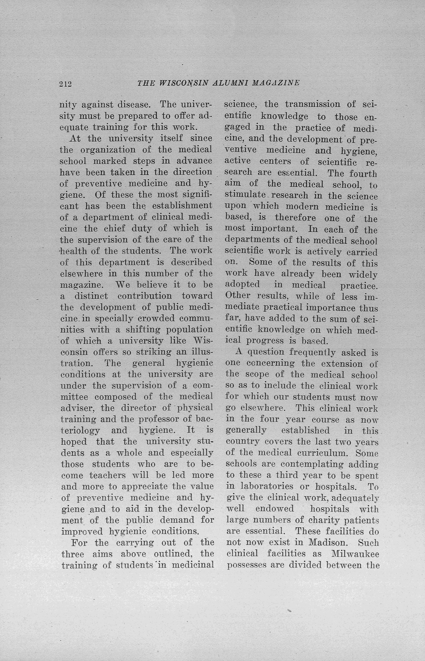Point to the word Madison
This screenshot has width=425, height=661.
point(327,542)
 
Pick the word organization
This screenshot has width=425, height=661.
point(108,150)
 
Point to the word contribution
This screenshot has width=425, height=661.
point(145,296)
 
